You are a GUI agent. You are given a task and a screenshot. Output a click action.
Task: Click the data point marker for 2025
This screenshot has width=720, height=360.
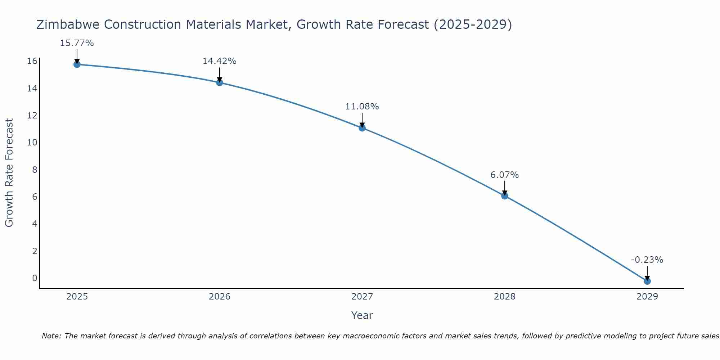77,64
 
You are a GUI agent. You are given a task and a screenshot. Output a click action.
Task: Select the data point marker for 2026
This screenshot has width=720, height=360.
219,82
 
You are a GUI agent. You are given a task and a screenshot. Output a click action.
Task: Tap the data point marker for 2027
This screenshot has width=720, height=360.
362,128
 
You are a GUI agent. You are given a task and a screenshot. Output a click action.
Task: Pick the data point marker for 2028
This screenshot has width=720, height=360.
505,196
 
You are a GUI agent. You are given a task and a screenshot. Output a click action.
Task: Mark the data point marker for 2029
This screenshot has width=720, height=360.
647,281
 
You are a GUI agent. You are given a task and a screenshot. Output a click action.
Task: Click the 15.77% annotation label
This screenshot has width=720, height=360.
77,43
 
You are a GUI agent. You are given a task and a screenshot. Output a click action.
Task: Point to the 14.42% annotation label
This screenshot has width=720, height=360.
219,61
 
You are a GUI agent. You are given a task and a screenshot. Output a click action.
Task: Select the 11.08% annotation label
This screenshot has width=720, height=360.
362,107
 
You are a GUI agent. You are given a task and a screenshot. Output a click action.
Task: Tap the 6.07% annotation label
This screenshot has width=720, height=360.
505,175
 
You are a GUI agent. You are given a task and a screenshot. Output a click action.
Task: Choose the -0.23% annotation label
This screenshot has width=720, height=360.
647,260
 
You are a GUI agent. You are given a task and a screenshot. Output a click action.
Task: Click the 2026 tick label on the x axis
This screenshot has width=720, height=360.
220,297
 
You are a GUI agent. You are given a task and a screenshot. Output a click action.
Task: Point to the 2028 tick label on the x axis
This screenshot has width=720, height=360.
505,297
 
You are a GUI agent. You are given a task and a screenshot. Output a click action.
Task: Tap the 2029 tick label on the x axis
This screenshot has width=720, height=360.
647,297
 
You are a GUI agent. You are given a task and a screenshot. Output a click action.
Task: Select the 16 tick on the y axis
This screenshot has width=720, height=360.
32,61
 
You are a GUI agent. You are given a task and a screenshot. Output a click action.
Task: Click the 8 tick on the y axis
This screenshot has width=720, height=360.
35,170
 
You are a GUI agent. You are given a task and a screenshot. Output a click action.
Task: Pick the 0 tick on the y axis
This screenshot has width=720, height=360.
35,278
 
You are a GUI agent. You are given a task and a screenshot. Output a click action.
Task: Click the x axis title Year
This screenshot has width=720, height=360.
362,315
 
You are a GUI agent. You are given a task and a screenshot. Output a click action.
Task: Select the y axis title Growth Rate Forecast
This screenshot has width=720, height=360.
9,172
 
